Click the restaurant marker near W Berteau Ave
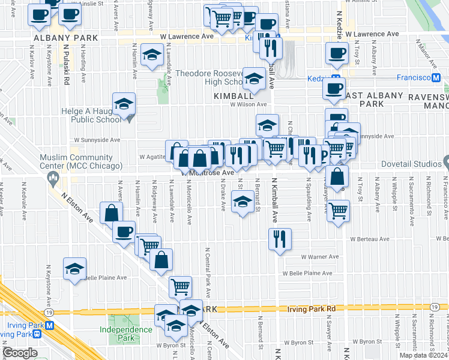[280, 239]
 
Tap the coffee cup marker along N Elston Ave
[124, 232]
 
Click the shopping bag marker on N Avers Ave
[112, 213]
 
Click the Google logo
[20, 353]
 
